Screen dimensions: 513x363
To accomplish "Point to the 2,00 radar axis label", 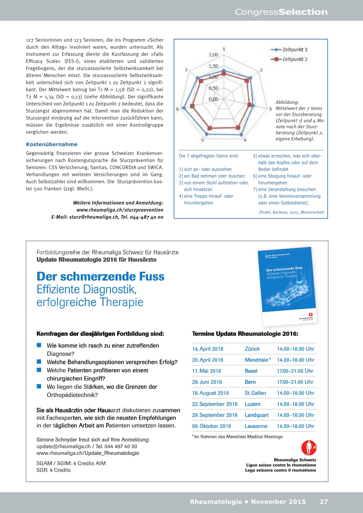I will point(213,55).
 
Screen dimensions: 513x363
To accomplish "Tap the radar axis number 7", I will point(186,70).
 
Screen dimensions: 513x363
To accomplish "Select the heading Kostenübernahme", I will point(51,144).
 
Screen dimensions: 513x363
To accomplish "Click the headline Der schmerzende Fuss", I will point(100,276).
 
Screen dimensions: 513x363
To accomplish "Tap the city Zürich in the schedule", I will point(252,349).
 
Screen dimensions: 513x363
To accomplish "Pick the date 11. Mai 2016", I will point(206,371).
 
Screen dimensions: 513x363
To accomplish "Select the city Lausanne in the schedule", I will point(256,426).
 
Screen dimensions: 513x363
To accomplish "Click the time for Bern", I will point(295,382).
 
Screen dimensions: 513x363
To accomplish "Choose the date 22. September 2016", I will point(214,404).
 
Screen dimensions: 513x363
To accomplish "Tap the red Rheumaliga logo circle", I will point(308,448).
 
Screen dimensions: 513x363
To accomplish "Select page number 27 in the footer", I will point(324,502).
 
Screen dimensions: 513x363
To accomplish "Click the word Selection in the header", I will point(303,12).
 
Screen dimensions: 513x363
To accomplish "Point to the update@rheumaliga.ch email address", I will point(63,446).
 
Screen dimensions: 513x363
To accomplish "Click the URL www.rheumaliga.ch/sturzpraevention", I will point(120,210).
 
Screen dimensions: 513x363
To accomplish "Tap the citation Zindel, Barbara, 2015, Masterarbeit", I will point(291,212).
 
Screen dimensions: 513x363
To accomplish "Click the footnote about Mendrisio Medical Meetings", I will point(237,437).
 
